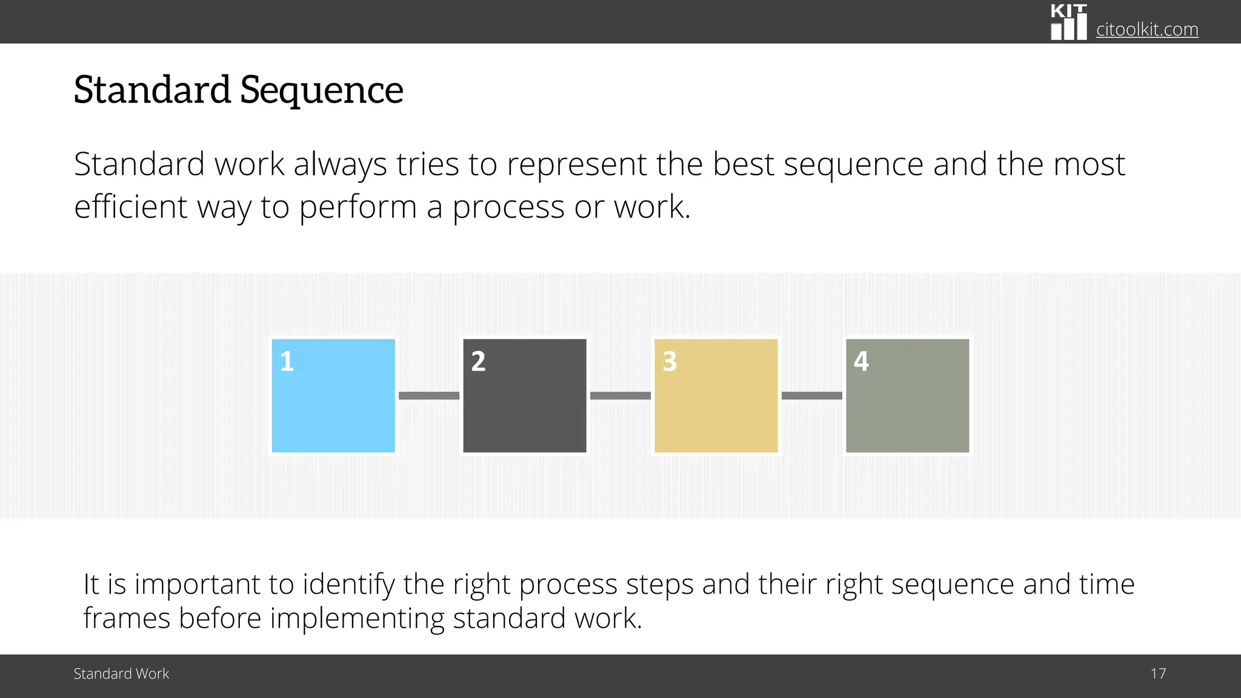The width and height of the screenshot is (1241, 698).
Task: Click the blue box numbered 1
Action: [x=333, y=396]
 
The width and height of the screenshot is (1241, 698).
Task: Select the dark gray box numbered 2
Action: [x=525, y=396]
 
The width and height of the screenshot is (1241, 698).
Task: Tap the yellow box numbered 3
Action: [x=716, y=396]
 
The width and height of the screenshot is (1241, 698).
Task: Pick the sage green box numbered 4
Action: [x=908, y=396]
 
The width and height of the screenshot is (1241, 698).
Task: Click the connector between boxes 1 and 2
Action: [x=429, y=396]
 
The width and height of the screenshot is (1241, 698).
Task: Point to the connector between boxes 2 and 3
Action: [x=620, y=396]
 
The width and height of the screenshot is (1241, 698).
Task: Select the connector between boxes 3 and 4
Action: [x=812, y=396]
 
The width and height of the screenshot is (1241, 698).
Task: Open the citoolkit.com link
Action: [x=1147, y=29]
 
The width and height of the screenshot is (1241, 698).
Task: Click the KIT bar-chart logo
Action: [x=1069, y=22]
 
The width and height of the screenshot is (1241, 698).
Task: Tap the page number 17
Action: [x=1158, y=674]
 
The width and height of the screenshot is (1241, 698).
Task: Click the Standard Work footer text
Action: [x=121, y=674]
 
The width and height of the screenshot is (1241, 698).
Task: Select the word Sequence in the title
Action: [x=322, y=91]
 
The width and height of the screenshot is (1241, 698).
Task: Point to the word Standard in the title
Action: [x=152, y=90]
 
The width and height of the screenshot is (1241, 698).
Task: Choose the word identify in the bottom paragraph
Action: [x=349, y=585]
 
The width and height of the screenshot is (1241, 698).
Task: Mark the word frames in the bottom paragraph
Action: [x=127, y=618]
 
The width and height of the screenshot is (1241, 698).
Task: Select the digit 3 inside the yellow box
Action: [x=670, y=362]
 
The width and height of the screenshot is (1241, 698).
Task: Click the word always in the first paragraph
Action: [x=341, y=165]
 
